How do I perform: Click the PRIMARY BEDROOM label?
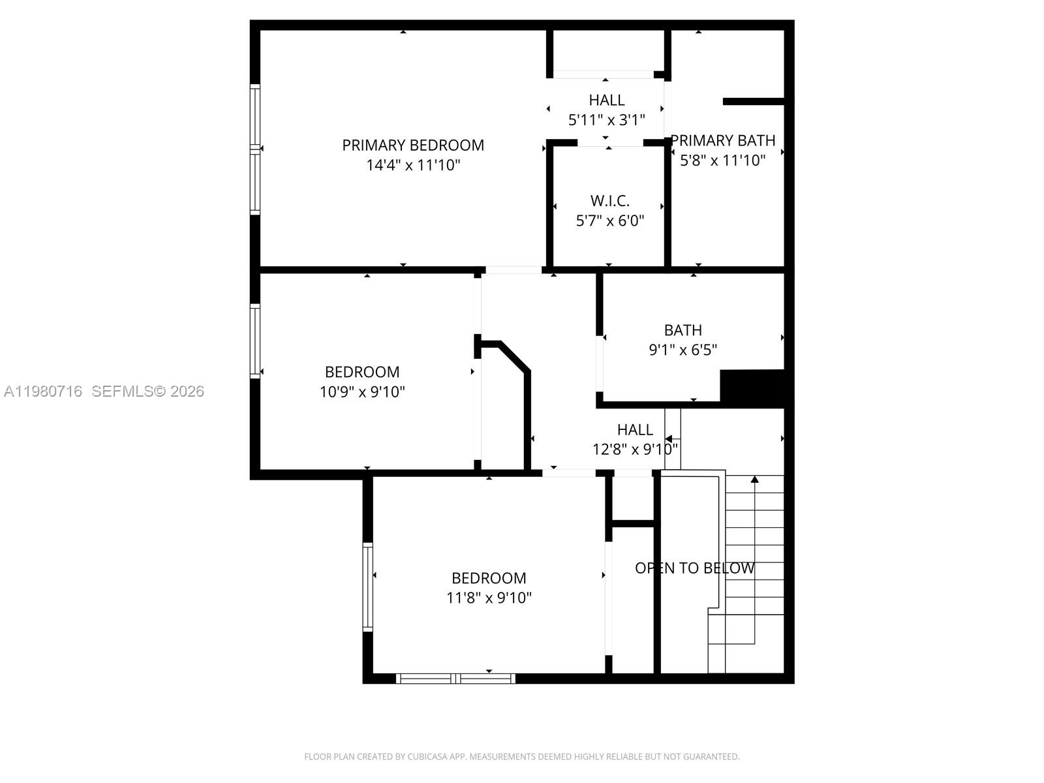click(413, 145)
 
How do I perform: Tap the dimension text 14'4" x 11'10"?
click(413, 165)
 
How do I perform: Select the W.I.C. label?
click(609, 201)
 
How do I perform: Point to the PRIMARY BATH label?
click(723, 140)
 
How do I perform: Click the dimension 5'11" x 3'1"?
click(606, 120)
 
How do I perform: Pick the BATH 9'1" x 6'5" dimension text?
click(683, 350)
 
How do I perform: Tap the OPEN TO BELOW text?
click(694, 568)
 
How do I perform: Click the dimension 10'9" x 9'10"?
click(362, 392)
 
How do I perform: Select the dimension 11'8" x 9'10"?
click(489, 598)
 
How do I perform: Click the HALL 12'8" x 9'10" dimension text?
click(634, 450)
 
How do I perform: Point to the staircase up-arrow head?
click(754, 480)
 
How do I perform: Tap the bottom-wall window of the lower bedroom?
click(455, 679)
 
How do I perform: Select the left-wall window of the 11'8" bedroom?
click(367, 587)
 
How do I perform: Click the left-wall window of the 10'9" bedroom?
click(255, 341)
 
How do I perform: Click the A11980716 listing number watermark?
click(43, 391)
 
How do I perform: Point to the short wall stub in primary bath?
click(752, 101)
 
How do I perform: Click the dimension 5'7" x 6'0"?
click(609, 221)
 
